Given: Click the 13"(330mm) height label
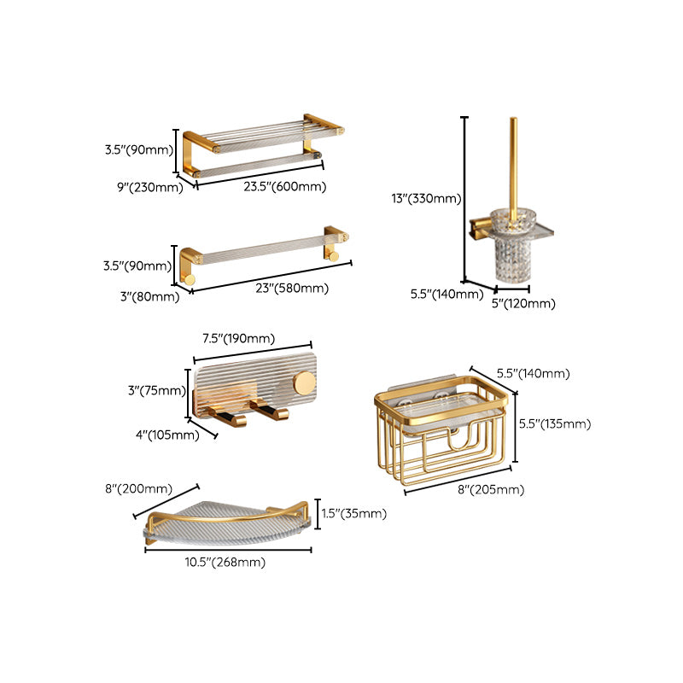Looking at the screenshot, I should (x=426, y=199).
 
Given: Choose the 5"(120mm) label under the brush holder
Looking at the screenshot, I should (x=522, y=303).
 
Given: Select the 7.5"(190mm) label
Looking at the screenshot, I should (x=238, y=338).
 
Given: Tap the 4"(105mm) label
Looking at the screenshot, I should (x=167, y=434).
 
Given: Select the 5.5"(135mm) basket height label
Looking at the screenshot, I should (x=555, y=423).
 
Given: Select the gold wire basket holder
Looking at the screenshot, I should (x=444, y=435).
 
